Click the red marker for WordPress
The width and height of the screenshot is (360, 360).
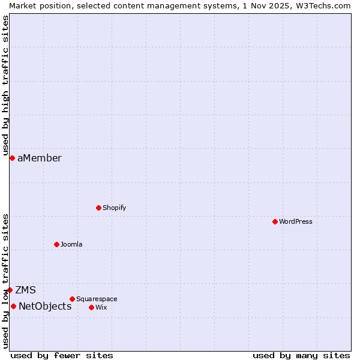(275, 221)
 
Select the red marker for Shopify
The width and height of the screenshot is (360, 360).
(98, 208)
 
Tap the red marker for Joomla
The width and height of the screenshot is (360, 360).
(56, 244)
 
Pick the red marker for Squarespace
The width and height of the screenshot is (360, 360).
(72, 299)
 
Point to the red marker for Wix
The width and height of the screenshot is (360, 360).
(91, 307)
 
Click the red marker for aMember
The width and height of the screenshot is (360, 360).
(12, 158)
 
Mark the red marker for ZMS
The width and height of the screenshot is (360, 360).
(10, 290)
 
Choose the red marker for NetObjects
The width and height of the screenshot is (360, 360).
(13, 306)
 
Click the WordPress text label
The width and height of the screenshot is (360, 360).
(296, 221)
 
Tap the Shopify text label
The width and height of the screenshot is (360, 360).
(114, 208)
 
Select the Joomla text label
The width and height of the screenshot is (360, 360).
(71, 244)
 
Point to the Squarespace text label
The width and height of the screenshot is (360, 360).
(97, 299)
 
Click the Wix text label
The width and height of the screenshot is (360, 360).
(101, 307)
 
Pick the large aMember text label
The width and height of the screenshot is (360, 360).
(40, 158)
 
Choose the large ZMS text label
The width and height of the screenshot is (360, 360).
(26, 290)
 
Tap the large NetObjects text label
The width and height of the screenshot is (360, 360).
(45, 306)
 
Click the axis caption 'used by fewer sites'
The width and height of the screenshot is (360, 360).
(62, 355)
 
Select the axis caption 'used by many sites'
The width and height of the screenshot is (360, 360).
(301, 355)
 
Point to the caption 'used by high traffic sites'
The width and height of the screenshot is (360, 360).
(6, 81)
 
